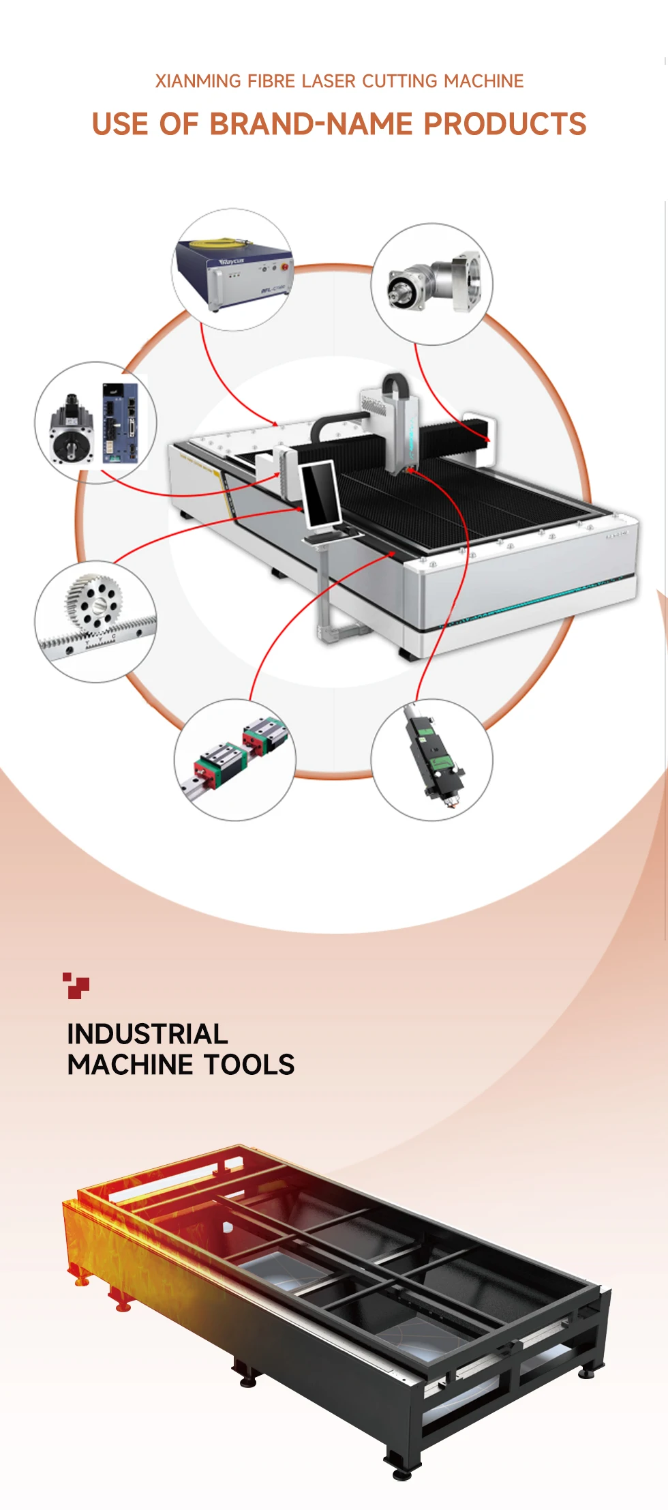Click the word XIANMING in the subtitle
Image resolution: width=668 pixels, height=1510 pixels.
[x=198, y=81]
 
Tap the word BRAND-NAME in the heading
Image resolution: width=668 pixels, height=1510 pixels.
[x=311, y=124]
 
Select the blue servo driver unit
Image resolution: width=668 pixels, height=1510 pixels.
[x=120, y=424]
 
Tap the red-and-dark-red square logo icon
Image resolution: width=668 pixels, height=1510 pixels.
[x=76, y=985]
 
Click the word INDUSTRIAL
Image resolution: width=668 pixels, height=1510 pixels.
[x=147, y=1034]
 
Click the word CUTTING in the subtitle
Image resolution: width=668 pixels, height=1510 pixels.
[x=399, y=81]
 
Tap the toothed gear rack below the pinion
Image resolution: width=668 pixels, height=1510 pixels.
[x=95, y=638]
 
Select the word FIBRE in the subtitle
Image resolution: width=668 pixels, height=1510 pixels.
[x=271, y=81]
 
